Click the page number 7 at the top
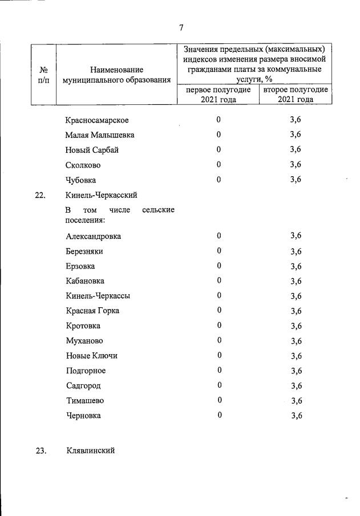pyautogui.click(x=181, y=27)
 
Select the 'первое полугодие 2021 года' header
pyautogui.click(x=218, y=94)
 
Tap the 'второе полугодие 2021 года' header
pyautogui.click(x=296, y=94)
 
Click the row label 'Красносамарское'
pyautogui.click(x=97, y=120)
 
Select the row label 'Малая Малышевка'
pyautogui.click(x=100, y=135)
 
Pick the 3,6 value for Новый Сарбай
pyautogui.click(x=295, y=149)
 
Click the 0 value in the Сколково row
pyautogui.click(x=219, y=165)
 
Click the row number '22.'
pyautogui.click(x=40, y=196)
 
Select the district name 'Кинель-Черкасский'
pyautogui.click(x=102, y=195)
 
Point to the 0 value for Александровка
pyautogui.click(x=219, y=236)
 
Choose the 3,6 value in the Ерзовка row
pyautogui.click(x=296, y=266)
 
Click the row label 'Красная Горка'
pyautogui.click(x=92, y=311)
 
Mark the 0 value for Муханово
pyautogui.click(x=219, y=341)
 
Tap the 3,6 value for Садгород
pyautogui.click(x=296, y=386)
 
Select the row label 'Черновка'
pyautogui.click(x=83, y=416)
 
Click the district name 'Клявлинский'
pyautogui.click(x=90, y=450)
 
